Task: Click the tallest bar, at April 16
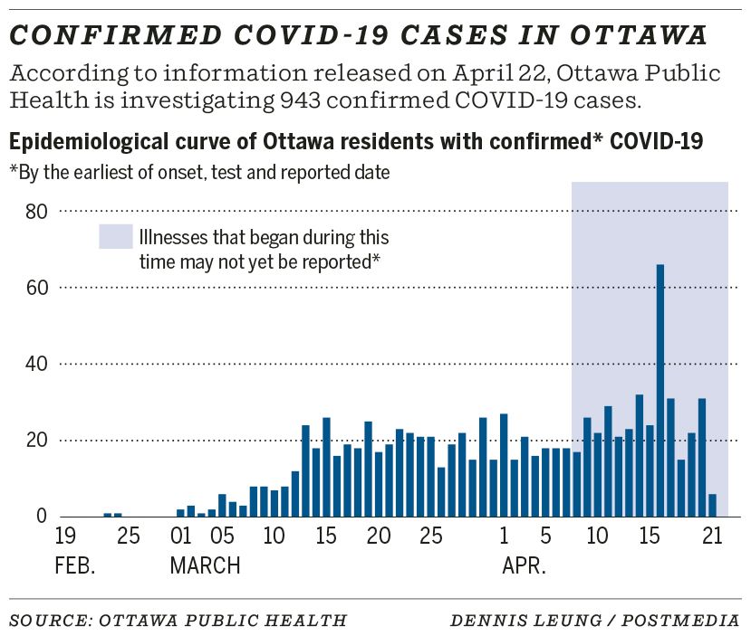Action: point(660,390)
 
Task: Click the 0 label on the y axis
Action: point(40,517)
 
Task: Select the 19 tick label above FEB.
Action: point(65,536)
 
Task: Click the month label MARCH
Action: point(206,567)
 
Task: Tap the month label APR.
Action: point(524,567)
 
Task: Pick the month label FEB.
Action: point(74,567)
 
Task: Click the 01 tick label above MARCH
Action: point(181,536)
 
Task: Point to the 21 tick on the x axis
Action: point(712,536)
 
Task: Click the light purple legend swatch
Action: point(115,237)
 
